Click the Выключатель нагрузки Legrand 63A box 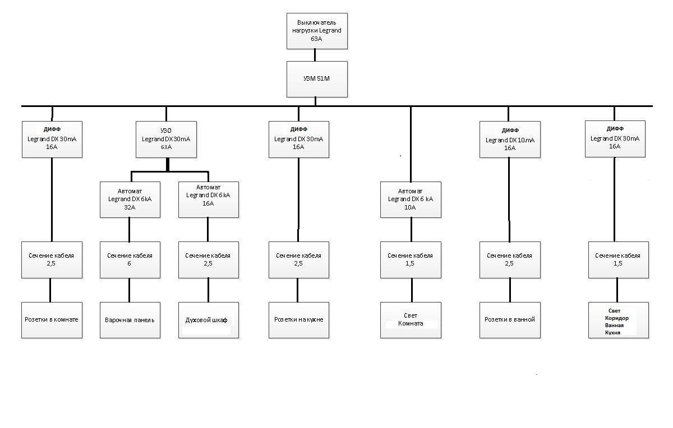[317, 31]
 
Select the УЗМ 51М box [317, 79]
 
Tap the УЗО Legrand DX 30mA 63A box [166, 139]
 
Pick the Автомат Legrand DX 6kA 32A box [130, 199]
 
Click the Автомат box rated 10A [411, 199]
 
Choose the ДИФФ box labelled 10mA [510, 139]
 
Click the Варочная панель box [130, 320]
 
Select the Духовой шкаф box [209, 320]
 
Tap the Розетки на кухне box [299, 320]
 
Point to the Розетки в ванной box [510, 320]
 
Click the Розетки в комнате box [52, 320]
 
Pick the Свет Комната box [411, 320]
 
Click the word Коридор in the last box [617, 318]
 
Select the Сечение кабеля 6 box [130, 260]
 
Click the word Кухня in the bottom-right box [612, 333]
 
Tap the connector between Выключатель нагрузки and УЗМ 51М [315, 55]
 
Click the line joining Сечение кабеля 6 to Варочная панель [129, 290]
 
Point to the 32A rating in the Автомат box [130, 207]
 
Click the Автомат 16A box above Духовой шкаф [209, 199]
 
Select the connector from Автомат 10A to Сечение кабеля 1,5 [411, 230]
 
